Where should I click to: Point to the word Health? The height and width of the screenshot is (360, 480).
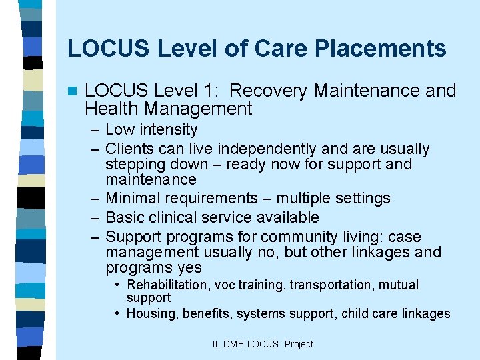pos(112,109)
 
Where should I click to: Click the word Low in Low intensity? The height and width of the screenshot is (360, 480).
pos(118,129)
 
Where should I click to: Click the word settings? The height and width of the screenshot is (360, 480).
pos(362,199)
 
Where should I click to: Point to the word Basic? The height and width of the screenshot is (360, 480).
pos(124,217)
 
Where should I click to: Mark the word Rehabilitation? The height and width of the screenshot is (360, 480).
pos(168,285)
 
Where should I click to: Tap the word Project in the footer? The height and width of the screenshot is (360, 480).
pos(299,344)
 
